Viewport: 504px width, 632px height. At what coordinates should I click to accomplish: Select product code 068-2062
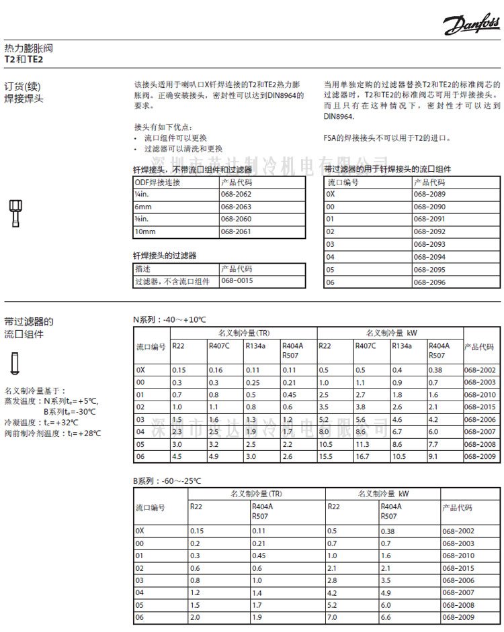click(236, 194)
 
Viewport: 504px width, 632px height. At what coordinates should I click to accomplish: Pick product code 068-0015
click(237, 281)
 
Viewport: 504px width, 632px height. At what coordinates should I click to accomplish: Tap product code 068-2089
click(429, 194)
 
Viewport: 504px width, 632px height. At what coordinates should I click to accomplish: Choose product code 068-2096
click(429, 282)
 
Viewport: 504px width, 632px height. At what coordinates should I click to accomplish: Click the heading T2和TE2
click(24, 59)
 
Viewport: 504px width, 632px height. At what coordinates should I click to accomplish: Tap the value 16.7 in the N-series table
click(364, 457)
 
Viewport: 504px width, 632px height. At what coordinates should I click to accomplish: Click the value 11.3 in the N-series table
click(364, 444)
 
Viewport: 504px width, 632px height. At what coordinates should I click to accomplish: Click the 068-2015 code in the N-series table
click(480, 407)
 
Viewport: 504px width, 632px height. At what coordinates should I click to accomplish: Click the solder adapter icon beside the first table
click(13, 213)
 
